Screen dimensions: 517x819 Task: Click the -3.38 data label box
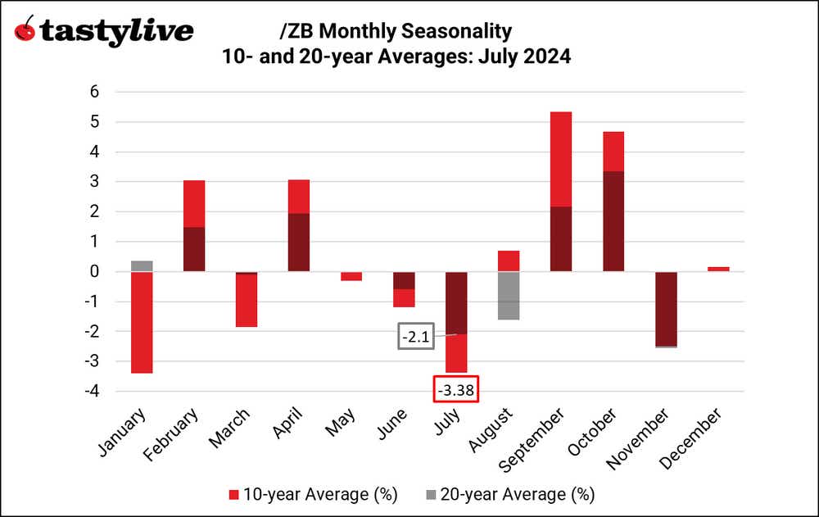pyautogui.click(x=455, y=390)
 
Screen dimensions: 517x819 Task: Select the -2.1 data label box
pyautogui.click(x=415, y=337)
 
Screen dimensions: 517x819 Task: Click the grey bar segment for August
pyautogui.click(x=509, y=296)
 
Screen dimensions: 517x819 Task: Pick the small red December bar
pyautogui.click(x=718, y=269)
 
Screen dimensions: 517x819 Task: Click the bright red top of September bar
pyautogui.click(x=561, y=159)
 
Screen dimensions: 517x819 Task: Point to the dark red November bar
pyautogui.click(x=666, y=309)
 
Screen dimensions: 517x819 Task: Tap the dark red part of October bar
pyautogui.click(x=613, y=221)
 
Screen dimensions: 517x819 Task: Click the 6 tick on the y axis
pyautogui.click(x=94, y=92)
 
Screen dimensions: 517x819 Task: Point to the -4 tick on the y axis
pyautogui.click(x=91, y=392)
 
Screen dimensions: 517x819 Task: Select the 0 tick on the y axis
pyautogui.click(x=94, y=271)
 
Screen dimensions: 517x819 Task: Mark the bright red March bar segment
pyautogui.click(x=247, y=300)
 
